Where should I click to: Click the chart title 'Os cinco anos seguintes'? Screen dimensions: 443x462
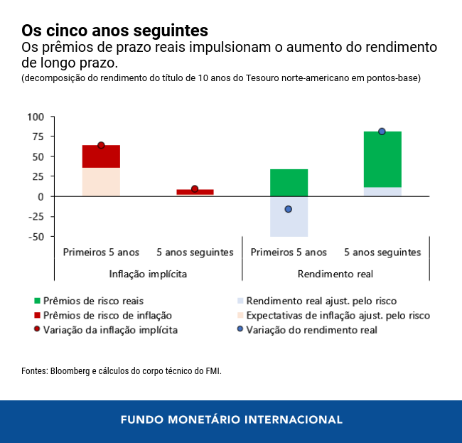point(114,31)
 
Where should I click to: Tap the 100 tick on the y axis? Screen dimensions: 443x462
point(36,117)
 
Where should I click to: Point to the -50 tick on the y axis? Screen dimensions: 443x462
point(35,237)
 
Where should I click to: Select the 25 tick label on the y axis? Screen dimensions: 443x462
point(38,176)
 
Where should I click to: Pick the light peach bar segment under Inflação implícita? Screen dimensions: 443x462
point(101,182)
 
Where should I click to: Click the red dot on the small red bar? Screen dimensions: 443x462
point(195,189)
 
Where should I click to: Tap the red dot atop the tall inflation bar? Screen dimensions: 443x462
point(101,145)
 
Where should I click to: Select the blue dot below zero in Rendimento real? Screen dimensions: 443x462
point(289,209)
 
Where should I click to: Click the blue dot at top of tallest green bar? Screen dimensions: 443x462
point(382,132)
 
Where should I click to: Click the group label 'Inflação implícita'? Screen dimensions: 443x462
point(148,273)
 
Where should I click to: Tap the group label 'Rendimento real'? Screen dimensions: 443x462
point(335,273)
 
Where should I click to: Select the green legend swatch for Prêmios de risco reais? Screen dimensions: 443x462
point(37,301)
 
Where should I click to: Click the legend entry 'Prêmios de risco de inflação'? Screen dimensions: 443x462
point(107,315)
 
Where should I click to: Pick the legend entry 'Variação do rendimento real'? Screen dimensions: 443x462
point(311,330)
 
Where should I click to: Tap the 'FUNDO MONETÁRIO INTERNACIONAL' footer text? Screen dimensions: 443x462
point(231,420)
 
